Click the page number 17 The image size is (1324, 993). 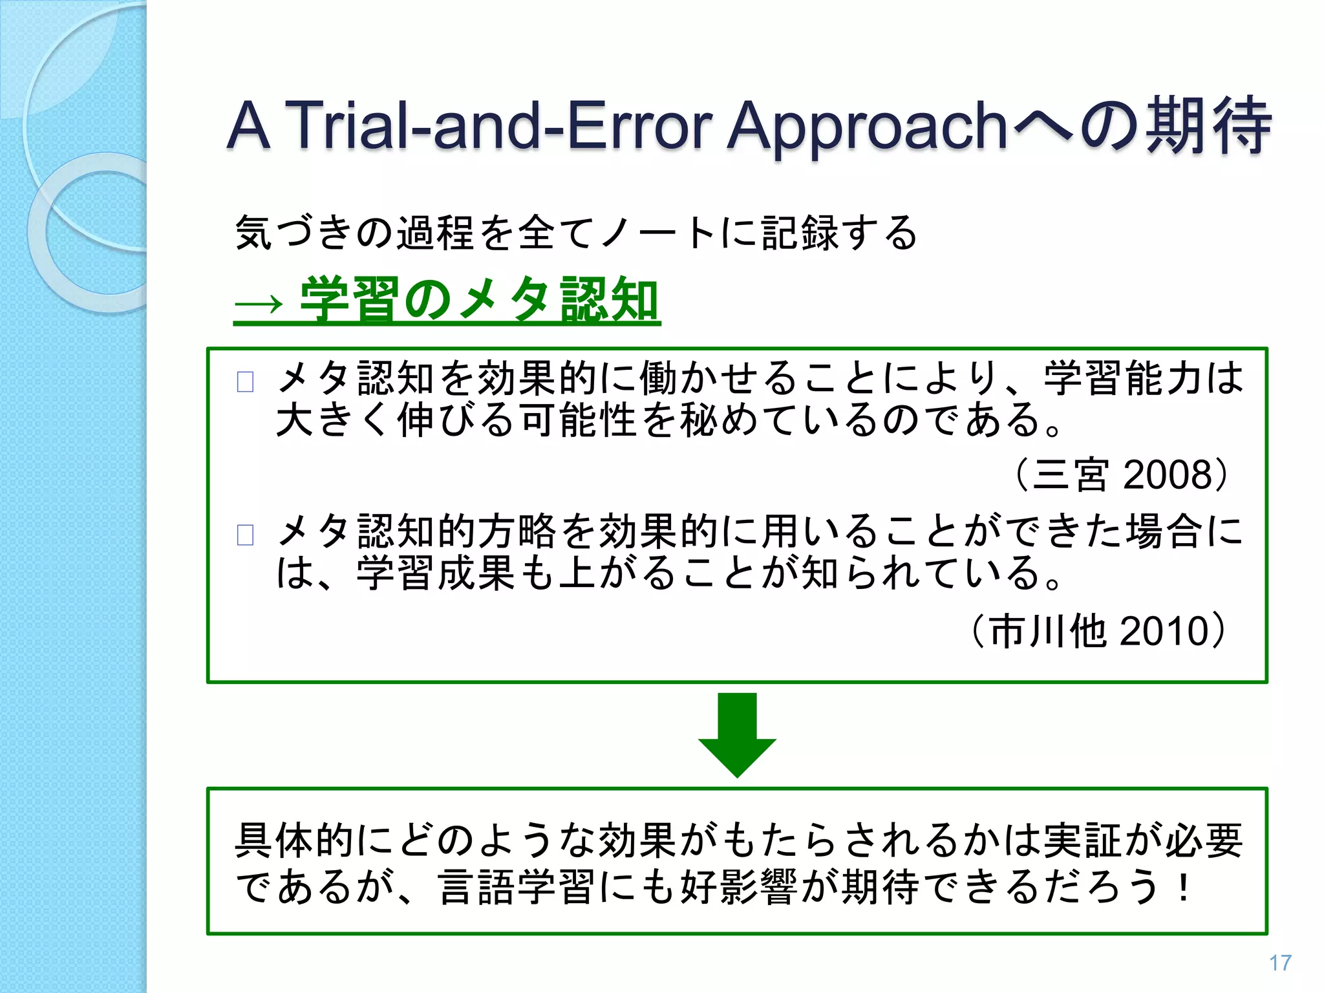(1279, 963)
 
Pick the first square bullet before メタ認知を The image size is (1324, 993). (245, 381)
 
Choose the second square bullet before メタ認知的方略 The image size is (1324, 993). (245, 535)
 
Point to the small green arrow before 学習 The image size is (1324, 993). (259, 303)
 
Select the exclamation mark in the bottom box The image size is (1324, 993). (1183, 887)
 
